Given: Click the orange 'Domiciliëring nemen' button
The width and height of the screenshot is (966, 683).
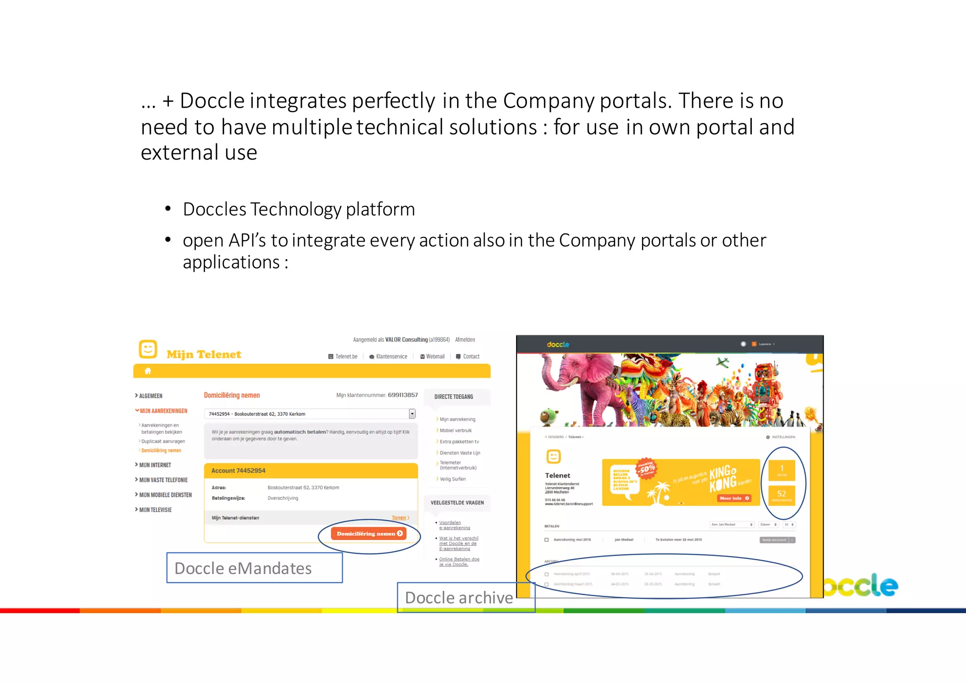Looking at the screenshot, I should (369, 533).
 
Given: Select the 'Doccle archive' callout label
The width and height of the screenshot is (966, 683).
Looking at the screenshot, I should (459, 598).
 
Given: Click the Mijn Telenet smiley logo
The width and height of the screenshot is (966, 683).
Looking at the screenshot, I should (148, 349).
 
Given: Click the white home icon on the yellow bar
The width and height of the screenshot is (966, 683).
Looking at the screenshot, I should (148, 371).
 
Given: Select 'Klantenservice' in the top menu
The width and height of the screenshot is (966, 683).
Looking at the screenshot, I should (391, 357).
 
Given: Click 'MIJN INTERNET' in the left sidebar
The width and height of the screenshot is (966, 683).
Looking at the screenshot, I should (155, 465).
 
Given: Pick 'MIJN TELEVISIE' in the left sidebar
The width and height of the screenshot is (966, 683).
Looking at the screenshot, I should (155, 510).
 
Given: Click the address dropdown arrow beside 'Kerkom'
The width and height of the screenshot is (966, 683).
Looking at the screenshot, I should (412, 414).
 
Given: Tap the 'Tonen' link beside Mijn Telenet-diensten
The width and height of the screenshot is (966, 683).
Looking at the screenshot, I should (399, 518).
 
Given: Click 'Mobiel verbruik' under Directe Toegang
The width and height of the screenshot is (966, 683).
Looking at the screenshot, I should (456, 430).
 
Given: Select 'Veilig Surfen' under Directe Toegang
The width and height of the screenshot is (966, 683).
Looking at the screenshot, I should (452, 479).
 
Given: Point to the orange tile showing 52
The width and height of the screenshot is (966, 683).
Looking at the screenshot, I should (782, 495).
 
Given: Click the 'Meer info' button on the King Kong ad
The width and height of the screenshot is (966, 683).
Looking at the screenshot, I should (733, 498).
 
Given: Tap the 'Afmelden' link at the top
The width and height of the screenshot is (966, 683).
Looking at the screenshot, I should (465, 340).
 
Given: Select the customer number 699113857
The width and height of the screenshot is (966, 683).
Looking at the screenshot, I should (403, 395).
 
